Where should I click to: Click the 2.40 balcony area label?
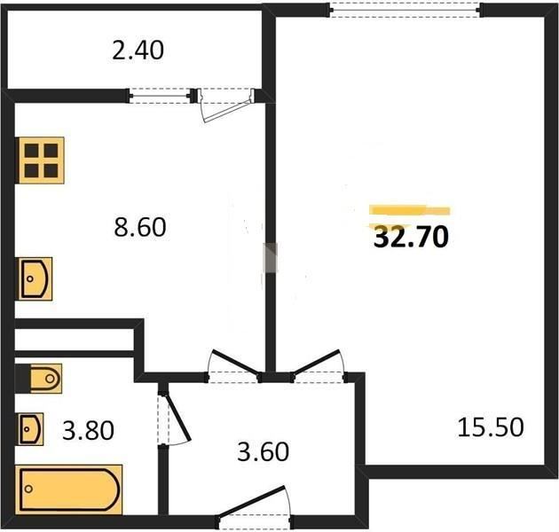[138, 51]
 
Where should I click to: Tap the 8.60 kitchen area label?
[140, 227]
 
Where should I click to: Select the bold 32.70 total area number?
[411, 237]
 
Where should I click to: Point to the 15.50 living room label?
[491, 427]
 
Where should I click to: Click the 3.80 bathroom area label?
[88, 430]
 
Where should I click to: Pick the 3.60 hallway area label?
[264, 452]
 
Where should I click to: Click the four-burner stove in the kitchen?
[42, 160]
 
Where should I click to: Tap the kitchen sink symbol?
[35, 279]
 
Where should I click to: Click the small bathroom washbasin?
[31, 429]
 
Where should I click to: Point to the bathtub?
[69, 489]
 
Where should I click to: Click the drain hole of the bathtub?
[28, 489]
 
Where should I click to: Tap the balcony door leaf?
[227, 109]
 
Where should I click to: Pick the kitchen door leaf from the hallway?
[235, 363]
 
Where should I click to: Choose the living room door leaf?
[316, 362]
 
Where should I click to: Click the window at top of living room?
[405, 11]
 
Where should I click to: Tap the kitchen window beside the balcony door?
[160, 96]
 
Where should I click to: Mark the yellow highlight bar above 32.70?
[410, 211]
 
